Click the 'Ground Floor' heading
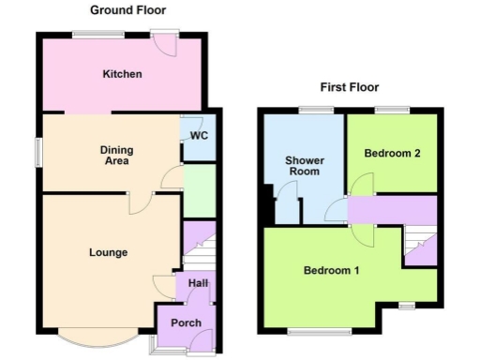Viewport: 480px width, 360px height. point(128,10)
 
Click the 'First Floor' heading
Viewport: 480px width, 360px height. point(349,87)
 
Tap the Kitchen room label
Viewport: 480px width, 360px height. point(122,73)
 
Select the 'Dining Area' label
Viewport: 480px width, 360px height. point(117,156)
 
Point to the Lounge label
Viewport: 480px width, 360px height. point(108,252)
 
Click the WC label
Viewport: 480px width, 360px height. point(198,135)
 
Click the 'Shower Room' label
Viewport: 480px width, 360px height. point(303,166)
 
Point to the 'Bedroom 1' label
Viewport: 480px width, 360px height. point(331,271)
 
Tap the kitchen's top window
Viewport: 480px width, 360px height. point(99,35)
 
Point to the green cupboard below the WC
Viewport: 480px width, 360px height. point(199,191)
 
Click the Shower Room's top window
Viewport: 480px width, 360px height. point(317,110)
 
